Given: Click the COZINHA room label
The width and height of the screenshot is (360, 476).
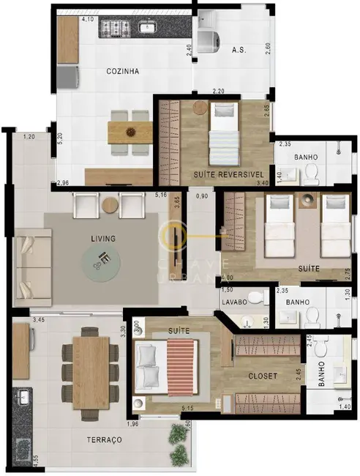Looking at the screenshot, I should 122,71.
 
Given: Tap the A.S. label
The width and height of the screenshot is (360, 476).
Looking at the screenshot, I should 238,51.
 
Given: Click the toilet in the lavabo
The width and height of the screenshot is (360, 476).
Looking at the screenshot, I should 255,297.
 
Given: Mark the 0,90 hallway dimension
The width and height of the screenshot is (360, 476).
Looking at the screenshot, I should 202,196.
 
